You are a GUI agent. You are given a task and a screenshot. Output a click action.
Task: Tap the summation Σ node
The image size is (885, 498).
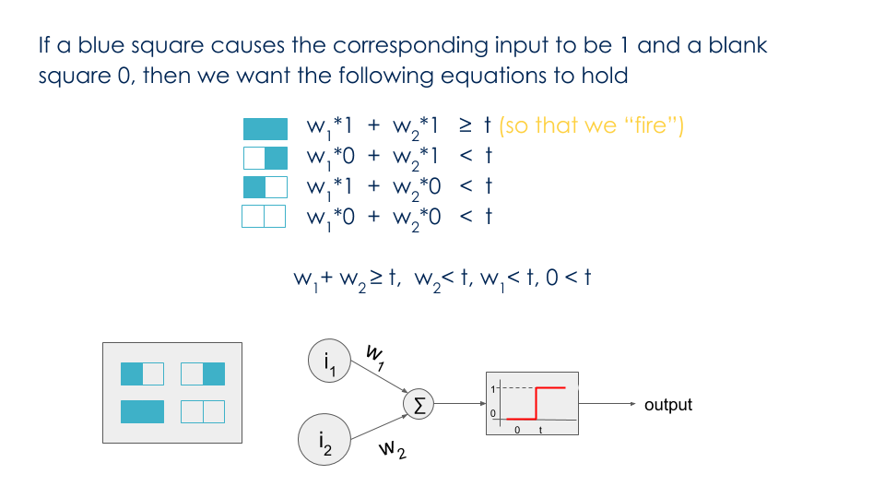coord(419,405)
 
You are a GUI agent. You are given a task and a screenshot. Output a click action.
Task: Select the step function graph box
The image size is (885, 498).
coord(532,404)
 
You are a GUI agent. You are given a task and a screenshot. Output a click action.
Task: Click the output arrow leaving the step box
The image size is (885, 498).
coord(608,404)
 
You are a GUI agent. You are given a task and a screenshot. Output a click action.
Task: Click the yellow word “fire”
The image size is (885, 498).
coord(651,126)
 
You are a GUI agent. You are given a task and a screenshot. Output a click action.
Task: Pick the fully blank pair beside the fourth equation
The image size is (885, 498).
coord(264,217)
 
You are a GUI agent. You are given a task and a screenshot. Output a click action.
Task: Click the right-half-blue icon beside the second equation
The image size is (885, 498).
coord(265,158)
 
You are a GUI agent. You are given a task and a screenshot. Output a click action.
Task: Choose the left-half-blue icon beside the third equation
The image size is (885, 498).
coord(265,187)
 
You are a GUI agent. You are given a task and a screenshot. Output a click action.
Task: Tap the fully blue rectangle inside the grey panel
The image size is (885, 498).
coord(142,411)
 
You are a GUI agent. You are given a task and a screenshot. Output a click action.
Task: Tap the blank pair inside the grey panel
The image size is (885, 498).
coord(203,411)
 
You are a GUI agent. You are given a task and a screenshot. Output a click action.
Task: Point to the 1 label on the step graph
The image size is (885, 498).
coord(493,389)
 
